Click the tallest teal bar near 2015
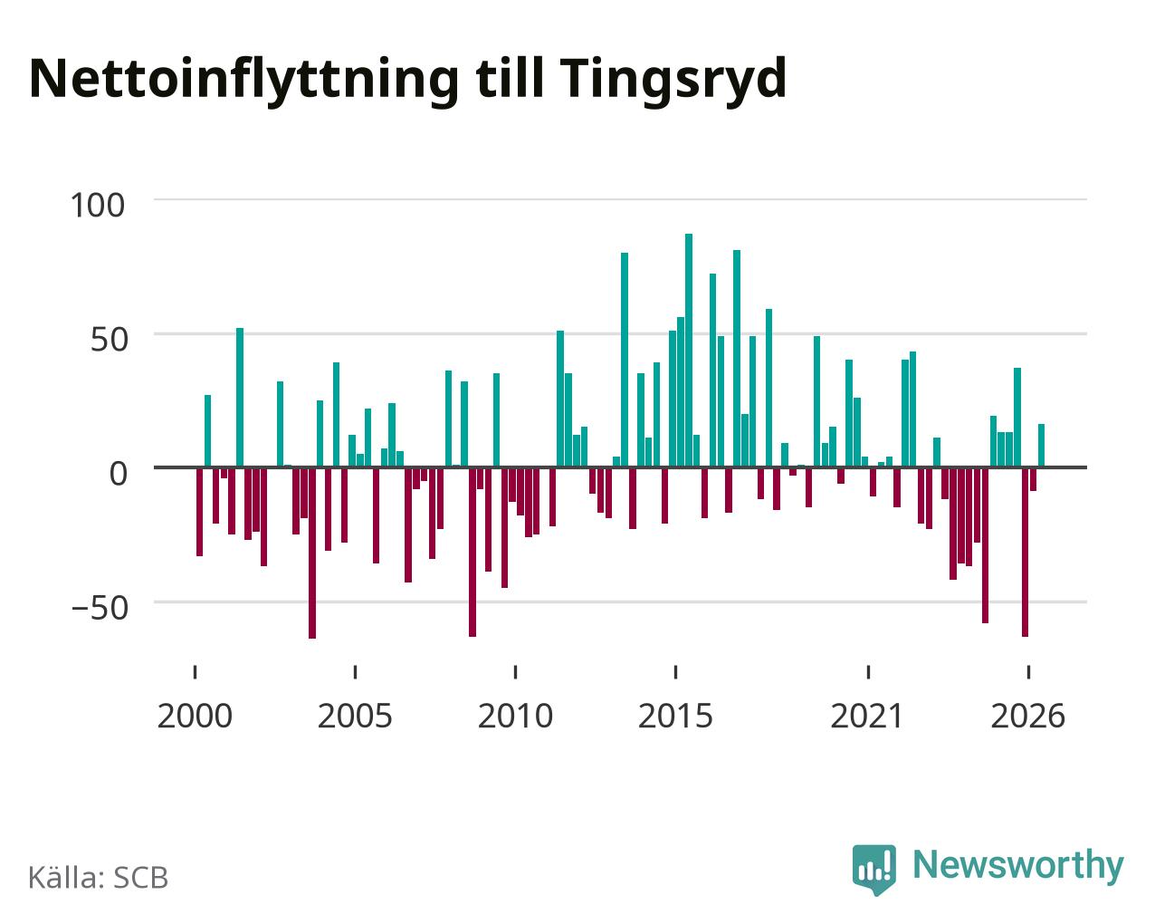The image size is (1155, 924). point(689,351)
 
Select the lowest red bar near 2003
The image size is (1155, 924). point(312,553)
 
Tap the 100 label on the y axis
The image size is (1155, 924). point(98,206)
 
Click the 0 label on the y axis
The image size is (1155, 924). point(119,474)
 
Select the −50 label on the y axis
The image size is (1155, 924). point(100,608)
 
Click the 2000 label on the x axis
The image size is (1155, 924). point(195,716)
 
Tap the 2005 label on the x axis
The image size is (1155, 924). point(355,716)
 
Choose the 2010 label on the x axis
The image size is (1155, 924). point(515,716)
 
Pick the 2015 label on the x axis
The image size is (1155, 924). point(676,716)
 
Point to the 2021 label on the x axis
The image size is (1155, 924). point(868,716)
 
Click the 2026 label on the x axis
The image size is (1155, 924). point(1027,716)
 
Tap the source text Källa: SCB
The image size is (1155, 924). point(99,877)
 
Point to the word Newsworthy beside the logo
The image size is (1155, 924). point(1018,866)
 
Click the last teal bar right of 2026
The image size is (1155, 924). point(1041,446)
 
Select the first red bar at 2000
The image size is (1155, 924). point(200,512)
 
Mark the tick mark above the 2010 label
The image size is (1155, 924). point(515,672)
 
